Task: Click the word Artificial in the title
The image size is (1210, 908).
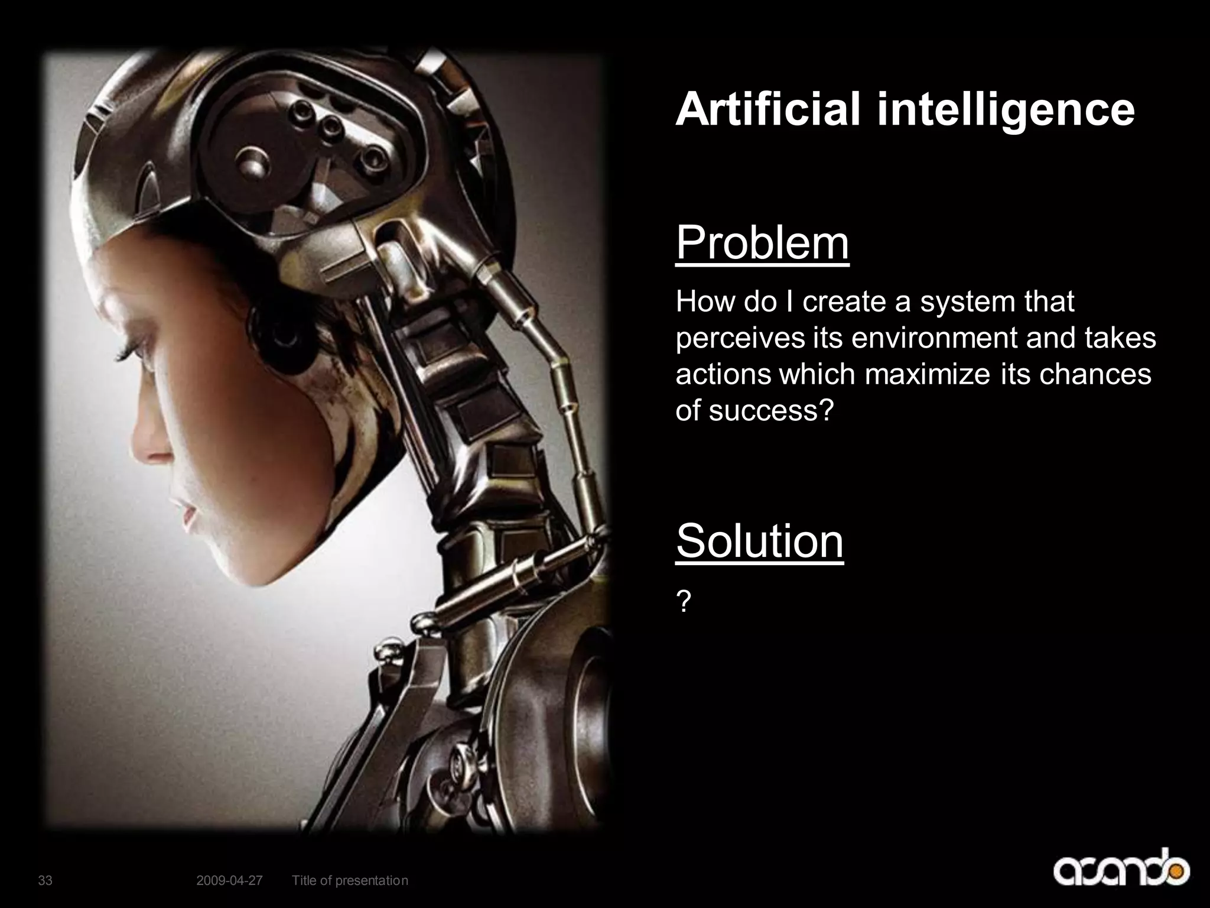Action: (767, 109)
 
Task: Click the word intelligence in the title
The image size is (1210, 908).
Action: (1005, 111)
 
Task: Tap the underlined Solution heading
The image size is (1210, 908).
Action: (759, 541)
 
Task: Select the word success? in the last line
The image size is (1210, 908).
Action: (771, 410)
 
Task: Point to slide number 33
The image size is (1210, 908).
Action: (45, 881)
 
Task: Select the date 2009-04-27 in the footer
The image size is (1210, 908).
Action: (229, 881)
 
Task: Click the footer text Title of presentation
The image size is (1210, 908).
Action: (350, 881)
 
